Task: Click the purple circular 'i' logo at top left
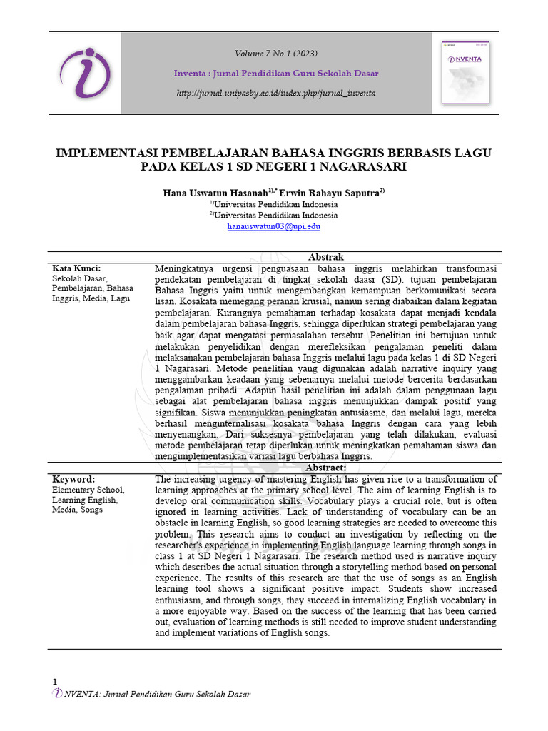click(85, 74)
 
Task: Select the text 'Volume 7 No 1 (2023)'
click(276, 54)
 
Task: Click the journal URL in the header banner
click(276, 94)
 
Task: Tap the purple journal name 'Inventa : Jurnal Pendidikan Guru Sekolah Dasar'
click(276, 74)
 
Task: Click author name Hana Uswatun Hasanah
click(215, 193)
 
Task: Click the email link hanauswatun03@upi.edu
click(274, 226)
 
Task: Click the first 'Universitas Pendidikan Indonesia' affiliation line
click(275, 204)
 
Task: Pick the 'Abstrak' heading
click(326, 257)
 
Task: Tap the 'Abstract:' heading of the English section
click(326, 468)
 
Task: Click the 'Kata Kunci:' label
click(76, 268)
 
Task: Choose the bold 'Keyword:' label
click(73, 479)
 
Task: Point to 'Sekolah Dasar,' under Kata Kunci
click(79, 278)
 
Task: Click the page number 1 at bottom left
click(54, 682)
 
